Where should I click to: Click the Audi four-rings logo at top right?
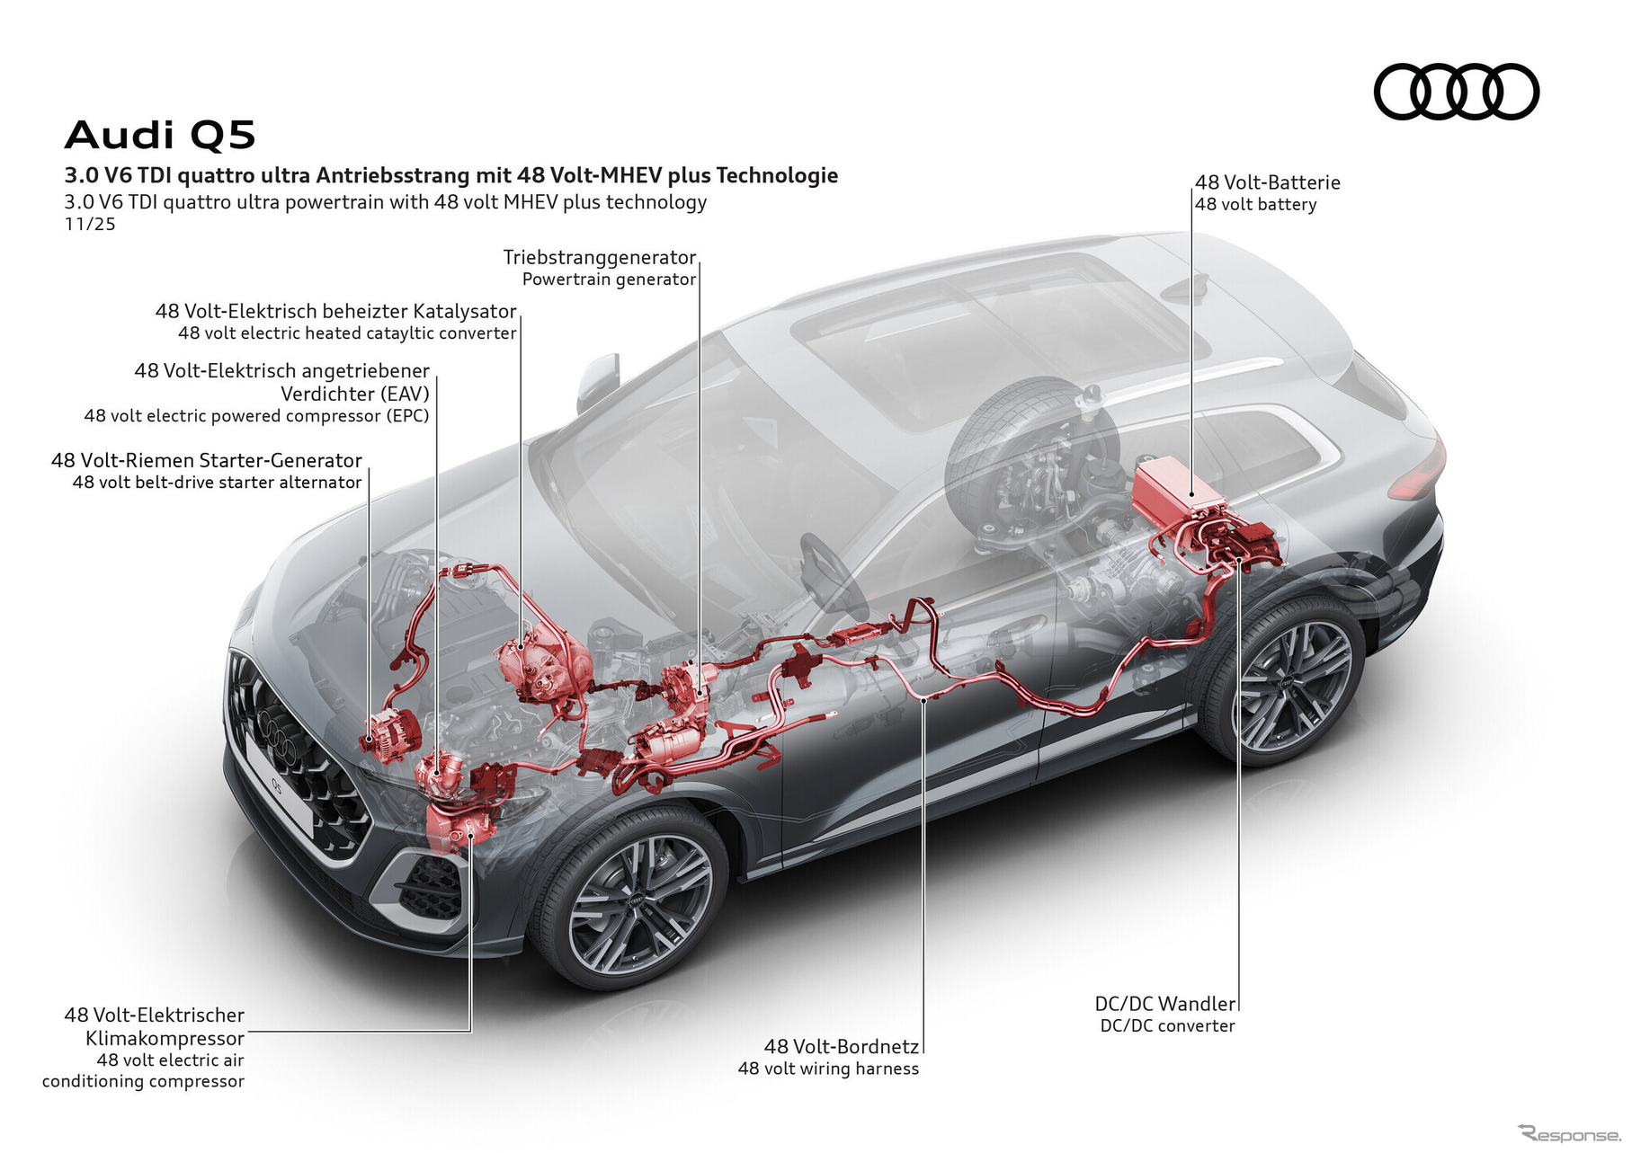coord(1456,92)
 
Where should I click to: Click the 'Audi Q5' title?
coord(160,136)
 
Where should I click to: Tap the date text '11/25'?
coord(90,225)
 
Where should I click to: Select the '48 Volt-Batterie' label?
coord(1268,182)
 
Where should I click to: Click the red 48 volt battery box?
coord(1175,489)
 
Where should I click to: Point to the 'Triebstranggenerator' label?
coord(600,258)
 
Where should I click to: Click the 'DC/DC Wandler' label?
coord(1164,1004)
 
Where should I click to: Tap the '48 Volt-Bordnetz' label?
coord(841,1046)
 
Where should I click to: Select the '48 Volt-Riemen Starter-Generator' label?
coord(207,460)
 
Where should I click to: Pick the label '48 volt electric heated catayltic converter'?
coord(347,333)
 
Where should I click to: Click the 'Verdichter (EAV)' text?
coord(354,394)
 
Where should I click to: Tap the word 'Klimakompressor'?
coord(165,1038)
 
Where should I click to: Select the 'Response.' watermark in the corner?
coord(1568,1135)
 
